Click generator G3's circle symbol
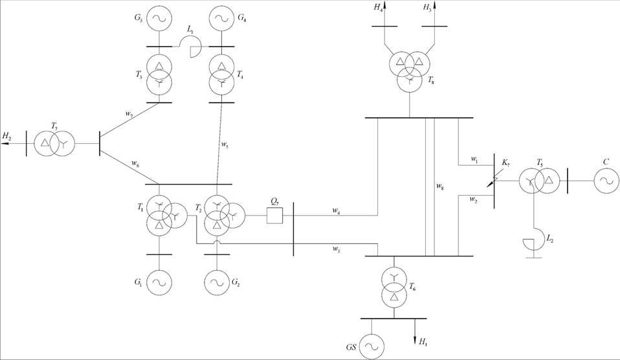pos(159,19)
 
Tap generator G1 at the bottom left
pos(159,282)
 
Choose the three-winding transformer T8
pos(409,69)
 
